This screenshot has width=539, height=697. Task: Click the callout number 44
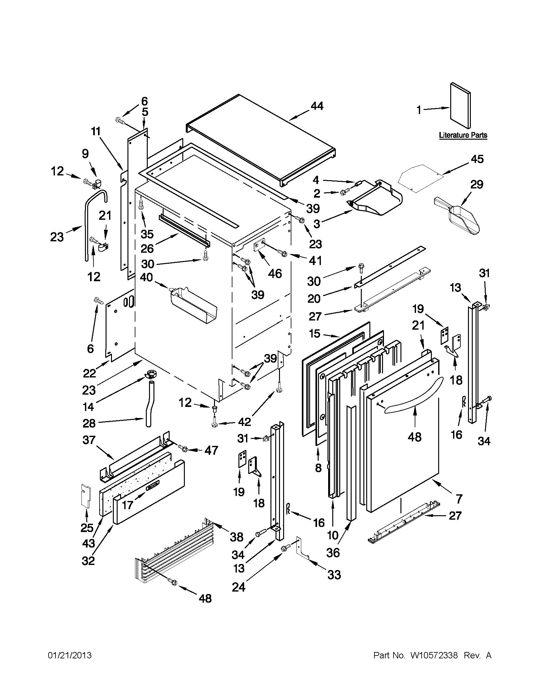click(x=317, y=106)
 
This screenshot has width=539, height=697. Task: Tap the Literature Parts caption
click(x=463, y=135)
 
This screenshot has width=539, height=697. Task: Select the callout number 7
click(x=459, y=498)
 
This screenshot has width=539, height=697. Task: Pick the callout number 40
click(x=146, y=277)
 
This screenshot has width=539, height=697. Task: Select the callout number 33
click(x=334, y=575)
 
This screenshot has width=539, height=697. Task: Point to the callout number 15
click(x=315, y=334)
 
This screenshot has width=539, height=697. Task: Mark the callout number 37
click(x=89, y=440)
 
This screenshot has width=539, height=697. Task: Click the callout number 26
click(x=147, y=249)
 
